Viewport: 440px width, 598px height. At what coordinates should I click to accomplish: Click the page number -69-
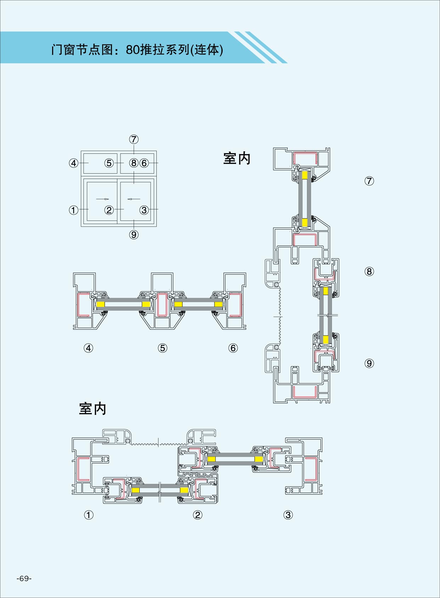click(x=24, y=578)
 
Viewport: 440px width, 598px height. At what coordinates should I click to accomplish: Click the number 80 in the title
click(x=133, y=50)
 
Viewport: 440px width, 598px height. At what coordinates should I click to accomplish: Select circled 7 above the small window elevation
click(x=134, y=139)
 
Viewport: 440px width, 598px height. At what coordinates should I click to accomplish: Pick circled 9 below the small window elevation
click(x=134, y=235)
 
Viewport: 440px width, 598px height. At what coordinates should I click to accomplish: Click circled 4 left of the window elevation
click(x=73, y=163)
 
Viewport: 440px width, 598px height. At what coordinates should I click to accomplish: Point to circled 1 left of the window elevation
click(x=73, y=210)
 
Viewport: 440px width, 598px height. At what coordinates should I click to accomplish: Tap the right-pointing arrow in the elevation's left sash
click(x=102, y=199)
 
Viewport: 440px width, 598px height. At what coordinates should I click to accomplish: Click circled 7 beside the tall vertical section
click(x=369, y=181)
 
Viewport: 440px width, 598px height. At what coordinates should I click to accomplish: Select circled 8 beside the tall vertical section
click(x=369, y=271)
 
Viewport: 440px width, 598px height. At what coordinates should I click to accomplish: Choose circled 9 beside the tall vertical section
click(x=369, y=363)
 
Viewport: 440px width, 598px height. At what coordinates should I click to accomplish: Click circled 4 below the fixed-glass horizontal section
click(x=88, y=348)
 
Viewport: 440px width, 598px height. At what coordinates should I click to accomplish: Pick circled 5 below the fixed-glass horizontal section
click(x=162, y=348)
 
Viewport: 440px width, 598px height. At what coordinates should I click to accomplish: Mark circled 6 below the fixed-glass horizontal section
click(x=233, y=348)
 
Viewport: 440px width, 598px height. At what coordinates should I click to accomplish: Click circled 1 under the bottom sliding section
click(x=89, y=515)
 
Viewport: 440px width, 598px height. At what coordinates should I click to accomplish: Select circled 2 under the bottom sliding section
click(x=197, y=515)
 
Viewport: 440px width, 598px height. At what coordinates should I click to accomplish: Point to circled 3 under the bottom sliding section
click(x=288, y=515)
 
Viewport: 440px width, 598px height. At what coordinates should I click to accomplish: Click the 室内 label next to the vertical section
click(x=236, y=158)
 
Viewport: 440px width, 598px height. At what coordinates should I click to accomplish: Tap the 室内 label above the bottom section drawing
click(x=93, y=409)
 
